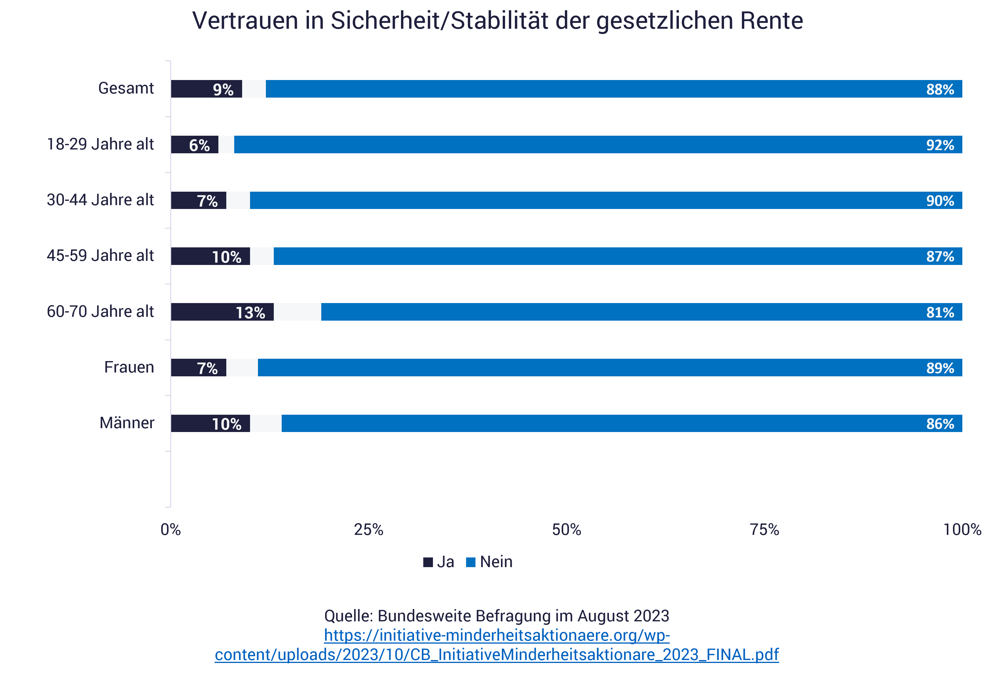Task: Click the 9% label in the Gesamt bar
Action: point(223,89)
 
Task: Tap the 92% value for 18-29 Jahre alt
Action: point(940,145)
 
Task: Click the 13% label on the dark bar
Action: point(250,312)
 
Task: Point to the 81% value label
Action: point(940,312)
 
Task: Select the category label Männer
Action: point(127,423)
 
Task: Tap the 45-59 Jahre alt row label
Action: point(100,256)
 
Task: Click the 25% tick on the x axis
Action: point(368,529)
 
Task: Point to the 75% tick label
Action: point(764,529)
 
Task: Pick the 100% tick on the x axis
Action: point(962,529)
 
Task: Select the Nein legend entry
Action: point(490,562)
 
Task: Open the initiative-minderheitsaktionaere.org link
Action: point(497,645)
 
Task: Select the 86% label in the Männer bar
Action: point(940,424)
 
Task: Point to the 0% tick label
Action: point(171,529)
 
